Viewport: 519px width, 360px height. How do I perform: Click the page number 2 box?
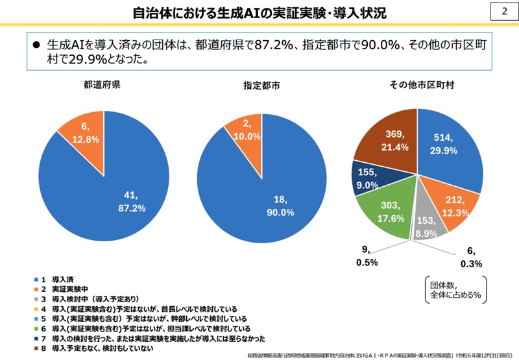coord(504,12)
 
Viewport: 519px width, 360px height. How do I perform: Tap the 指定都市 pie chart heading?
coord(261,85)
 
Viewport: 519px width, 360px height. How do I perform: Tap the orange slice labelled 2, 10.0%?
coord(247,130)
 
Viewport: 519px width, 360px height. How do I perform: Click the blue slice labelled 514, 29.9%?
coord(448,145)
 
